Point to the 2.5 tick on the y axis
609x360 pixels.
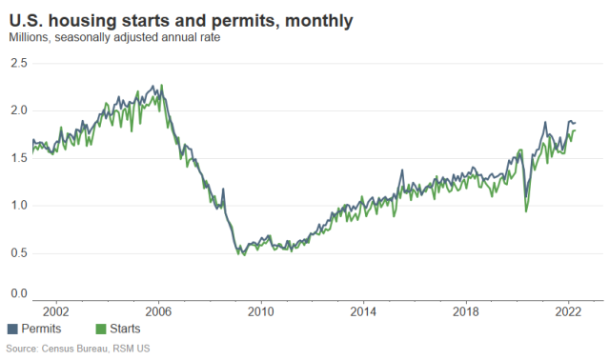click(19, 63)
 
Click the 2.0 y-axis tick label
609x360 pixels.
click(19, 110)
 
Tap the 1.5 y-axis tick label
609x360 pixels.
click(19, 157)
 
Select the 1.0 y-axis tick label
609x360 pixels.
click(19, 205)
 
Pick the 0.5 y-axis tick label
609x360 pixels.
click(19, 251)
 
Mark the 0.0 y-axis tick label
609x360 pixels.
click(19, 293)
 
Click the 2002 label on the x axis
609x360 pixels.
click(55, 310)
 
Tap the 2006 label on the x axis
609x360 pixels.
click(158, 310)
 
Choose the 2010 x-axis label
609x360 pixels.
click(261, 310)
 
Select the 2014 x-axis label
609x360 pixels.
click(363, 310)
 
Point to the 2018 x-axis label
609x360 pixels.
click(466, 310)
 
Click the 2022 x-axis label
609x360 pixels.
click(569, 310)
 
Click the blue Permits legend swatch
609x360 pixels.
click(12, 330)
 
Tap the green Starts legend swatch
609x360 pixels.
click(101, 330)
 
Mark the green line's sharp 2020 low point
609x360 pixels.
click(526, 210)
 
